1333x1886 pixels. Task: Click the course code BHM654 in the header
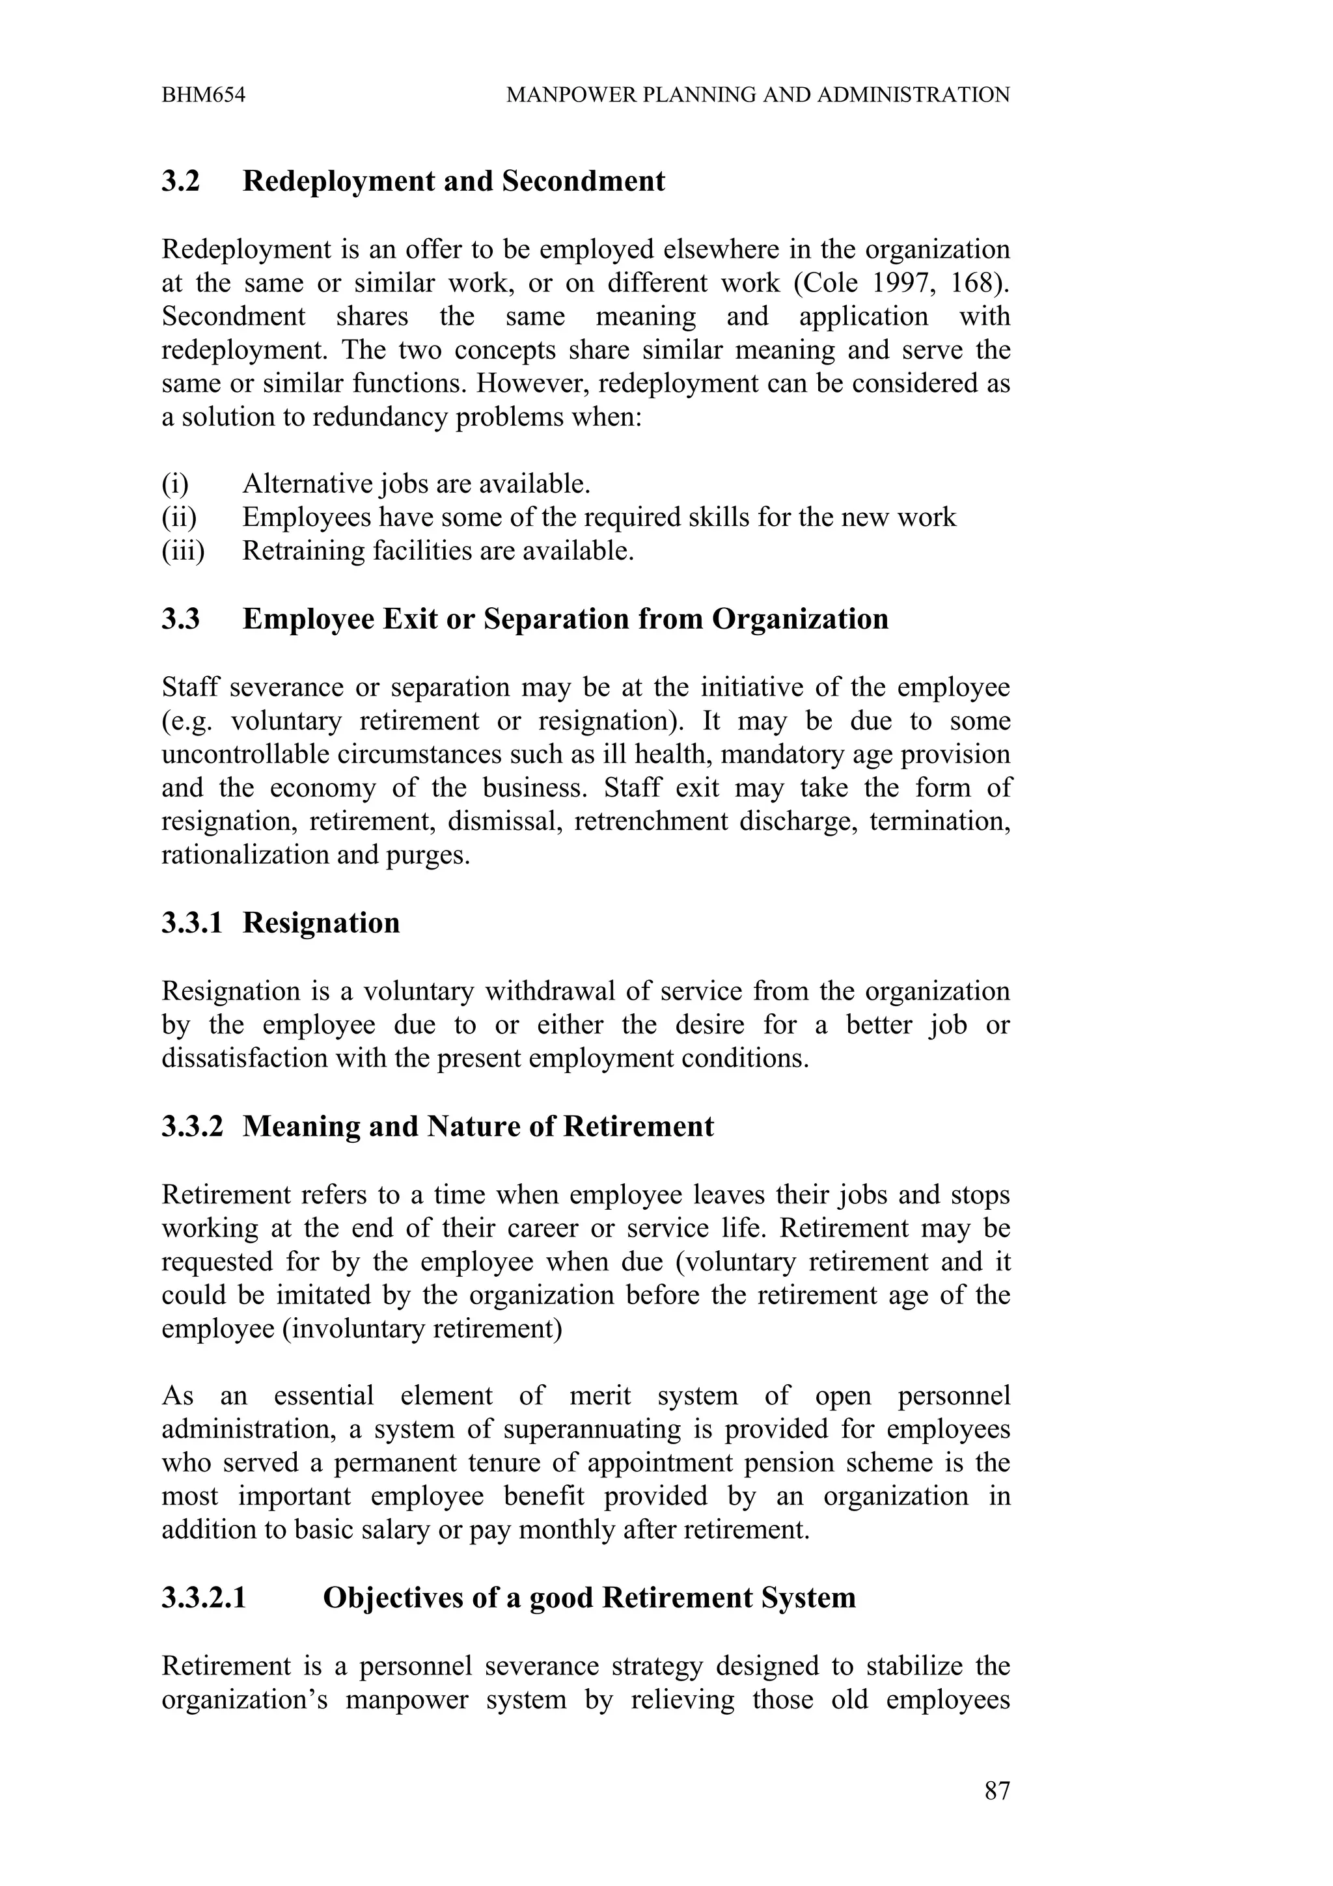[203, 95]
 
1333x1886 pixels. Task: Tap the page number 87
[996, 1791]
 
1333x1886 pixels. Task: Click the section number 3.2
[181, 182]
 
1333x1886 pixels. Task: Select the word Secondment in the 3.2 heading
[583, 182]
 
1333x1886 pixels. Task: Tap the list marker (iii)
[182, 551]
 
